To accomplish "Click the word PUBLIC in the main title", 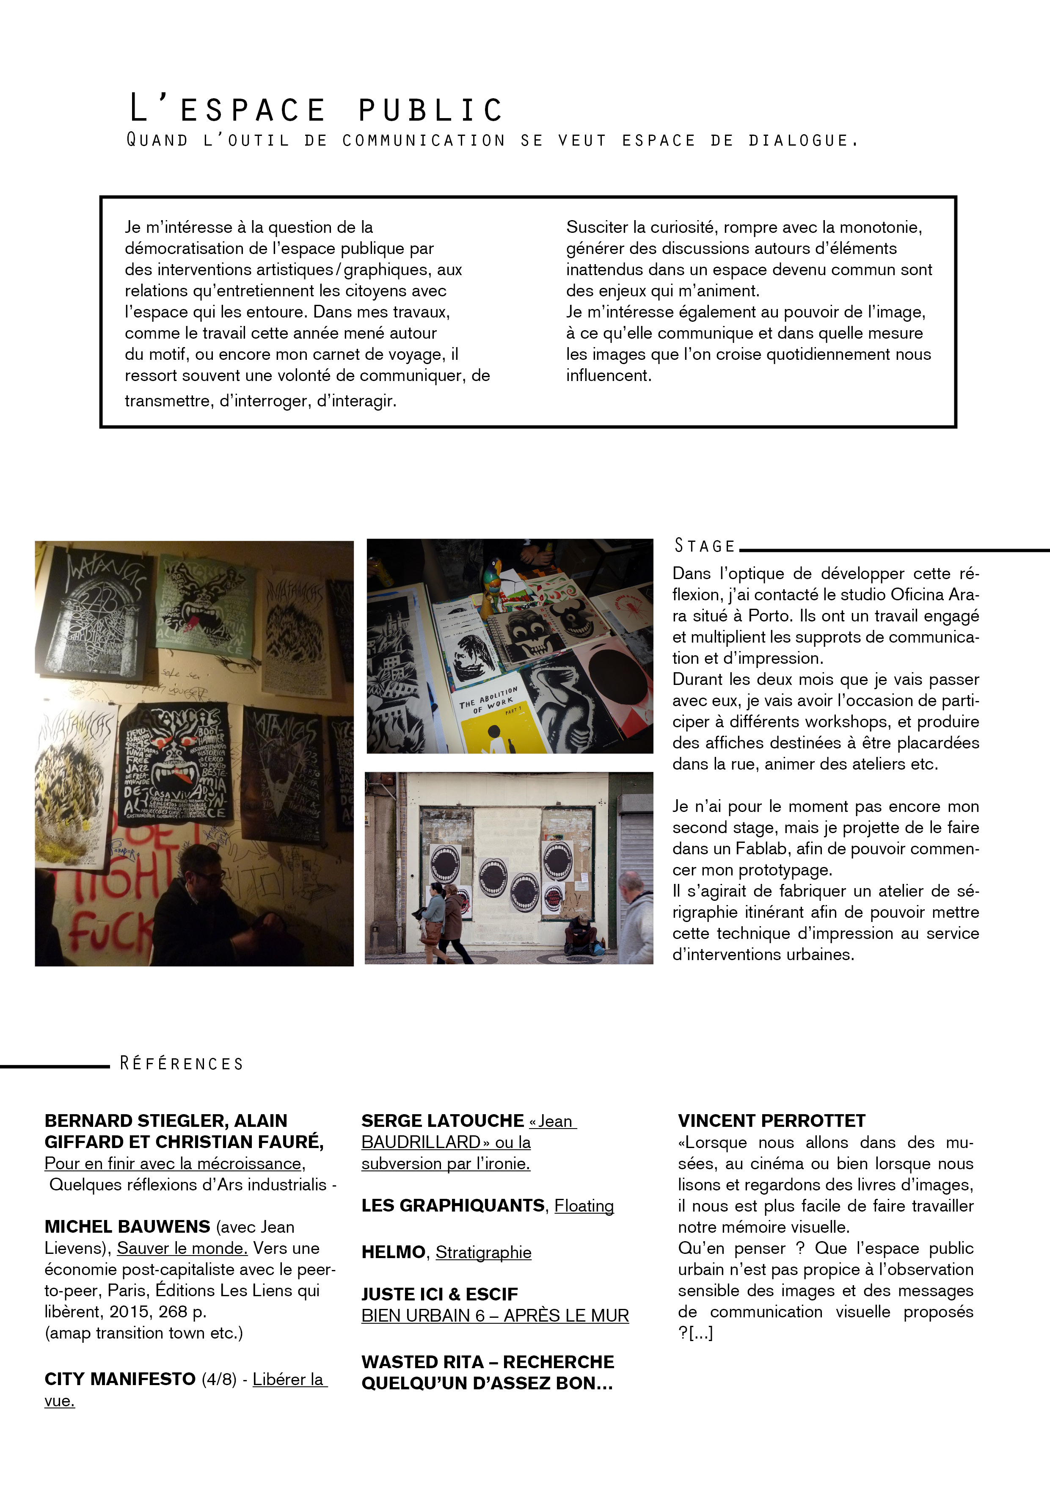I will (430, 110).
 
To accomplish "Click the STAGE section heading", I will (705, 547).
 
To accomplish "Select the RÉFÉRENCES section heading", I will (182, 1064).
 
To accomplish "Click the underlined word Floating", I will (584, 1206).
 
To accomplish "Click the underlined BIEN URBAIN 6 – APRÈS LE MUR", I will (495, 1316).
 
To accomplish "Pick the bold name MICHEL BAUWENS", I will (127, 1227).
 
